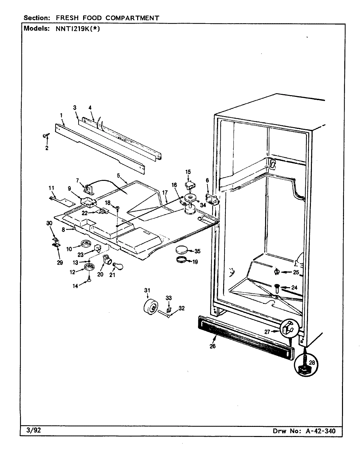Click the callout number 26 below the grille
pyautogui.click(x=213, y=346)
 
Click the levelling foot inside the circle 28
pyautogui.click(x=304, y=366)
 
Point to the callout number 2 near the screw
pyautogui.click(x=46, y=148)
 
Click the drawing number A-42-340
pyautogui.click(x=320, y=431)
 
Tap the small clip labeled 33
pyautogui.click(x=169, y=309)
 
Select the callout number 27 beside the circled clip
pyautogui.click(x=267, y=331)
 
